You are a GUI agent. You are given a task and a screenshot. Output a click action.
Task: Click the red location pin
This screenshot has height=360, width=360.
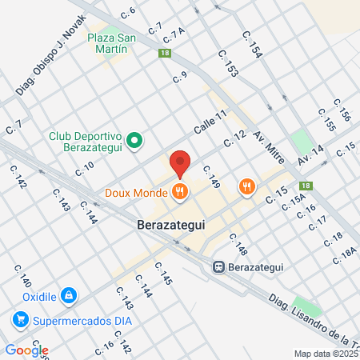pyautogui.click(x=181, y=162)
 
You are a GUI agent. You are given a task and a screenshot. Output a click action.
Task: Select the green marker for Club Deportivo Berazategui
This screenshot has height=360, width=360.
pyautogui.click(x=136, y=142)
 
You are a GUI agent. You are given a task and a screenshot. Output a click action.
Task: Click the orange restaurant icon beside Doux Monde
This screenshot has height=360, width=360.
pyautogui.click(x=180, y=192)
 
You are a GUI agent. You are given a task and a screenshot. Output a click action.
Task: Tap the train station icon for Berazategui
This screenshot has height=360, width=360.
pyautogui.click(x=218, y=266)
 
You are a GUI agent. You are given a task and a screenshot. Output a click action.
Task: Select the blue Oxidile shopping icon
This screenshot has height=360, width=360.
pyautogui.click(x=69, y=295)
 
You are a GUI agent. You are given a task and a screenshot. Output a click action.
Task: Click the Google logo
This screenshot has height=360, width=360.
pyautogui.click(x=26, y=350)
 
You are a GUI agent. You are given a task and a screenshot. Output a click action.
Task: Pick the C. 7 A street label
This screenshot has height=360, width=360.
pyautogui.click(x=174, y=34)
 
